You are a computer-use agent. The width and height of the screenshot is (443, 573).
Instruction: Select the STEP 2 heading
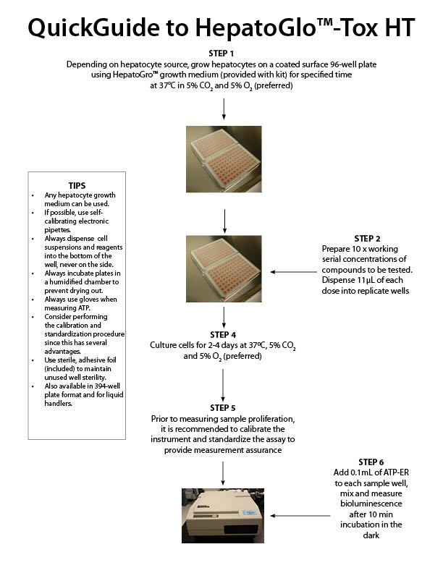371,238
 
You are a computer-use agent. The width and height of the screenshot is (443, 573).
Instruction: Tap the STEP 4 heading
223,334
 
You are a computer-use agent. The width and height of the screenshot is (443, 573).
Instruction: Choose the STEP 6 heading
371,462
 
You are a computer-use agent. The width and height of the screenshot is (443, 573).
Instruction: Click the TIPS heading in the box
77,185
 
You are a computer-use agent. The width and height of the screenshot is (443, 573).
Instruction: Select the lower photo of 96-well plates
223,268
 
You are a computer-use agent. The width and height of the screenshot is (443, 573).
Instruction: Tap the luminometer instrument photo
223,515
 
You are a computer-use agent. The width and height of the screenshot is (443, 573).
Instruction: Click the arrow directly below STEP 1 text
224,107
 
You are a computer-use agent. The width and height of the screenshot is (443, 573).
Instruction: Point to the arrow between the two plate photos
224,219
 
